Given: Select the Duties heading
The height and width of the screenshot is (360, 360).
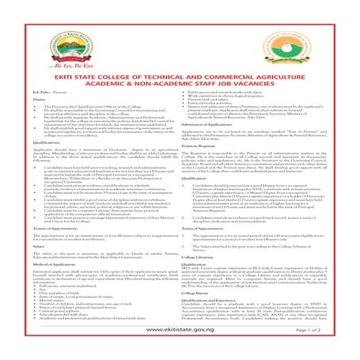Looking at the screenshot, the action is coord(20,100).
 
